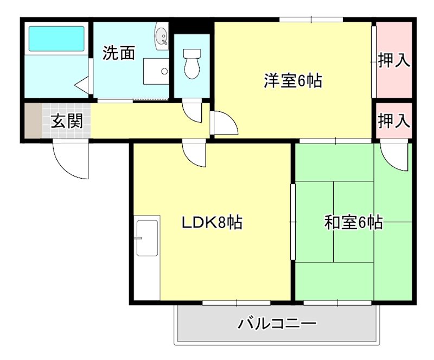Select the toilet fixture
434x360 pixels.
(191, 63)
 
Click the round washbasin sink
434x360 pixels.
(162, 36)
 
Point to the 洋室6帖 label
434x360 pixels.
(293, 81)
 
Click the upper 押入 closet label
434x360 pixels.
(393, 60)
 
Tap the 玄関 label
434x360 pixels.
(67, 121)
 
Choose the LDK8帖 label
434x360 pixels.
(212, 222)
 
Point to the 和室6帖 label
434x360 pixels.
(353, 222)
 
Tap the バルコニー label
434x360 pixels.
(277, 325)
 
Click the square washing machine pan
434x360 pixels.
(156, 71)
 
